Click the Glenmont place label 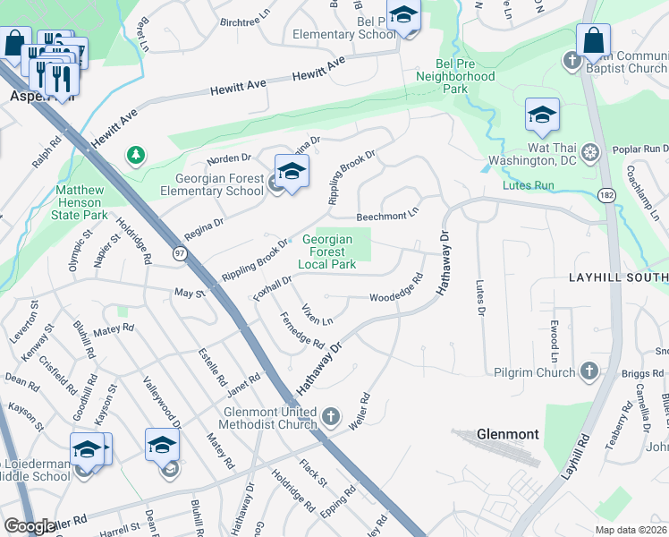(508, 434)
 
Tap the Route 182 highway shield (608, 195)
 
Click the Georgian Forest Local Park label (329, 251)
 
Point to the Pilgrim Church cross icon (589, 371)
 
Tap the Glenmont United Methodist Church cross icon (331, 416)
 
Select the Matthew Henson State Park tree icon (135, 157)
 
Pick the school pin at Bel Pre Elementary (403, 16)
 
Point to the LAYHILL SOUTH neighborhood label (618, 278)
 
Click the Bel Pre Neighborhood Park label (455, 76)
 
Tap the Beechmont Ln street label (387, 216)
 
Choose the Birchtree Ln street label (244, 20)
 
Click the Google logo (30, 526)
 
